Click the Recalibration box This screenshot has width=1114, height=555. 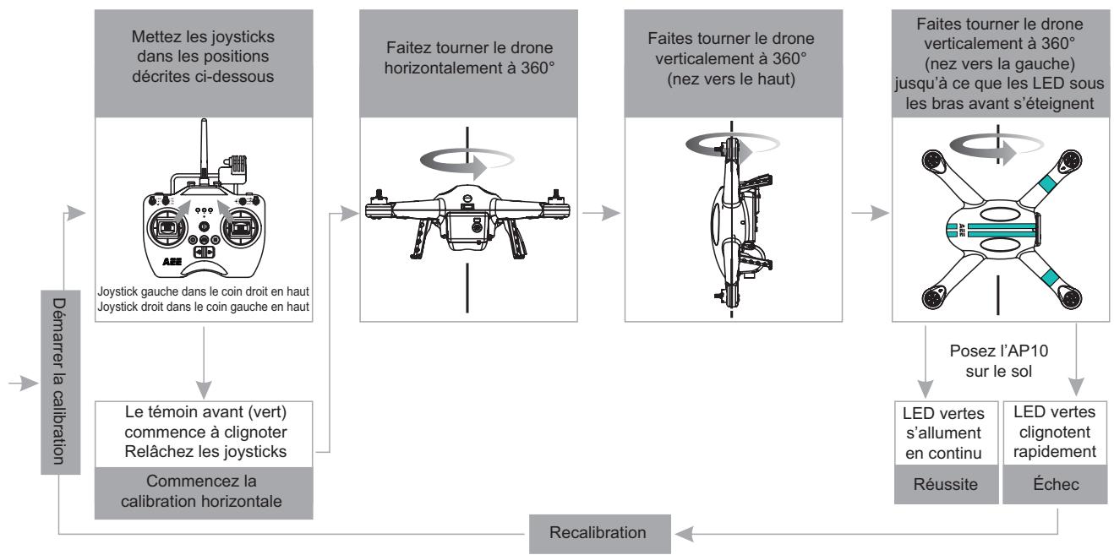pos(600,534)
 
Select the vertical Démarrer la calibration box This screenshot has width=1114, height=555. pos(60,382)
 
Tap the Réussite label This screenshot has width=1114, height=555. pos(946,484)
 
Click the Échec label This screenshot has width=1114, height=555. pos(1056,484)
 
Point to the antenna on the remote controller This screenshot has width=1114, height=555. pos(204,149)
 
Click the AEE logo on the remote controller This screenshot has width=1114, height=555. pos(172,262)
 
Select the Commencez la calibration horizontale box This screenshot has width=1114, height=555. pos(204,492)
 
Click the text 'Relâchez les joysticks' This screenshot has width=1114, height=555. pos(205,452)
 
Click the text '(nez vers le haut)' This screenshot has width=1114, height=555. pos(731,79)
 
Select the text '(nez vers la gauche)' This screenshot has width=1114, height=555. pos(1000,63)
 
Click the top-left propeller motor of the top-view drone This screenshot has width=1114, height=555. pos(933,161)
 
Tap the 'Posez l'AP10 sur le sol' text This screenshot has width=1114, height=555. pos(998,362)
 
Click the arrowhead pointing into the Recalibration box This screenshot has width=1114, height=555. pos(684,534)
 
